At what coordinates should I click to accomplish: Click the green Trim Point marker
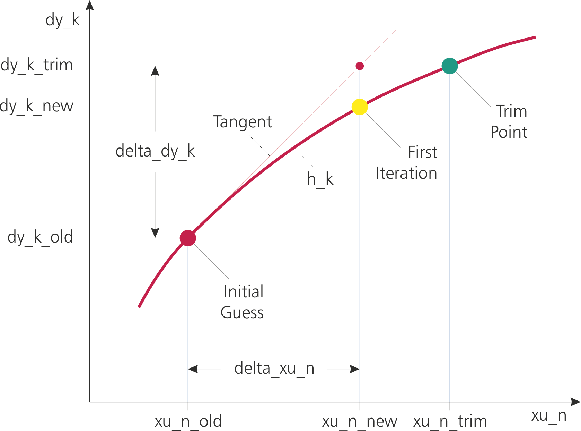click(450, 66)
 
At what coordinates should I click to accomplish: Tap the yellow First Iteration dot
click(360, 107)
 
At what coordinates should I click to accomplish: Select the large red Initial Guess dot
click(188, 238)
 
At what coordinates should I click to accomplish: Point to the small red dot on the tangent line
click(360, 66)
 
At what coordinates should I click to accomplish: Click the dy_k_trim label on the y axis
click(37, 65)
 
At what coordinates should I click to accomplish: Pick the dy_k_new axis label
click(37, 106)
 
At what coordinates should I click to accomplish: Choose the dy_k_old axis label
click(40, 237)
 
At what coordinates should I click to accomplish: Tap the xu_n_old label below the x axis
click(188, 421)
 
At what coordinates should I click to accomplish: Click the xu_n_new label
click(360, 421)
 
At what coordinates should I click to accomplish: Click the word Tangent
click(243, 122)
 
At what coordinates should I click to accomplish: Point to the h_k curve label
click(320, 179)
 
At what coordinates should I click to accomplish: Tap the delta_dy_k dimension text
click(155, 151)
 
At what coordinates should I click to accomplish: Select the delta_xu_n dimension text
click(274, 368)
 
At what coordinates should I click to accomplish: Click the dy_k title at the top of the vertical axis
click(63, 20)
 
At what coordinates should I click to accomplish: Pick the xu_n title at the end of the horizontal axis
click(549, 415)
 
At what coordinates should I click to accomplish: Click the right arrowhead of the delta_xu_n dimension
click(355, 369)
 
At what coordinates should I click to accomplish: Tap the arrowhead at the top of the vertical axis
click(90, 5)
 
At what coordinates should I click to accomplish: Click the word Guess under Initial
click(242, 313)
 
